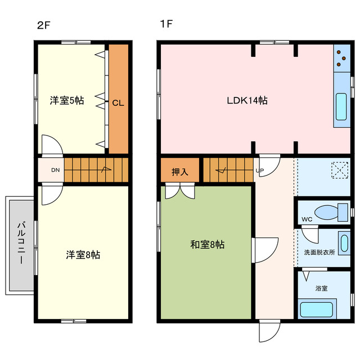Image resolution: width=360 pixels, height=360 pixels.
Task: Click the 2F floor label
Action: (x=44, y=25)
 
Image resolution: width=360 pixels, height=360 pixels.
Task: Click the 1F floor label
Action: (x=166, y=24)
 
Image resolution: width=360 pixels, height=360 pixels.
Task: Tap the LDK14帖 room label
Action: (x=247, y=101)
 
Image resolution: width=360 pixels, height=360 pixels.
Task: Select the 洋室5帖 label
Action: (x=67, y=101)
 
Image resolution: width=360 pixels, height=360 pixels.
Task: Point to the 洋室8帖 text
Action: (x=83, y=255)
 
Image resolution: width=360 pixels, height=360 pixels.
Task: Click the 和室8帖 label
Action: (x=208, y=245)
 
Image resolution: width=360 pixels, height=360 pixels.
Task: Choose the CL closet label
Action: (x=118, y=103)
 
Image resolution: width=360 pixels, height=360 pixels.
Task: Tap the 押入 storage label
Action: (x=180, y=172)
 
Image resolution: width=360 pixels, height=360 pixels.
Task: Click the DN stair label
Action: (x=55, y=170)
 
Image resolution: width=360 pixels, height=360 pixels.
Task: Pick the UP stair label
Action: (x=260, y=170)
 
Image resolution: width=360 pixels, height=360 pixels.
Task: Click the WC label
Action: (x=307, y=219)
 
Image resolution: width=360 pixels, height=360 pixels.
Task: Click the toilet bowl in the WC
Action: (x=326, y=213)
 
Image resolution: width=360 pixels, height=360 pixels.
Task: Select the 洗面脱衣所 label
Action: (x=319, y=253)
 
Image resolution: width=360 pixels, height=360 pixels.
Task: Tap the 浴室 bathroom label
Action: (x=321, y=288)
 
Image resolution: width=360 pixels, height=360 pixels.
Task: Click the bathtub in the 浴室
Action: (x=317, y=309)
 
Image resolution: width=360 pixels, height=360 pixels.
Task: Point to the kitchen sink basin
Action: (x=341, y=106)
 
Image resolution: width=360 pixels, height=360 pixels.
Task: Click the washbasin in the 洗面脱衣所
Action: (x=345, y=244)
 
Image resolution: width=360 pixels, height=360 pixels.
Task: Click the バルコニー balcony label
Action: (x=21, y=243)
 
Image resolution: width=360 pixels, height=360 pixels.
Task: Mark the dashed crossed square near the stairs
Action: (x=340, y=170)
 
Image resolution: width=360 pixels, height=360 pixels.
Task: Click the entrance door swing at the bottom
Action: (x=270, y=331)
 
